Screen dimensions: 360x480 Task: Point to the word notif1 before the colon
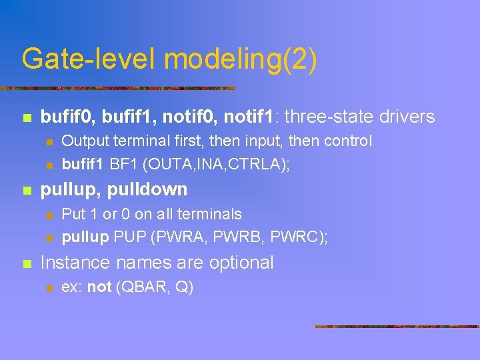[x=251, y=117]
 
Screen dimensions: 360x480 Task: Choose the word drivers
[x=407, y=117]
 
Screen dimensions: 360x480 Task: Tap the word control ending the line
[x=348, y=141]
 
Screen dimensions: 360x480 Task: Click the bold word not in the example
[x=99, y=287]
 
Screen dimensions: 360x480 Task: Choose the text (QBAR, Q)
[x=154, y=287]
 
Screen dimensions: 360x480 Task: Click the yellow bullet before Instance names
[x=26, y=263]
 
